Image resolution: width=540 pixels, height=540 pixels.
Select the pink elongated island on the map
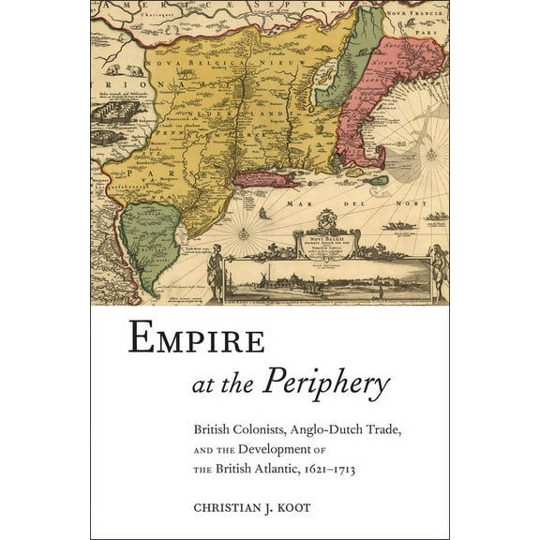click(266, 177)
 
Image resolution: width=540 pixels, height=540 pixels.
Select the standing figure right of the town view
click(437, 272)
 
